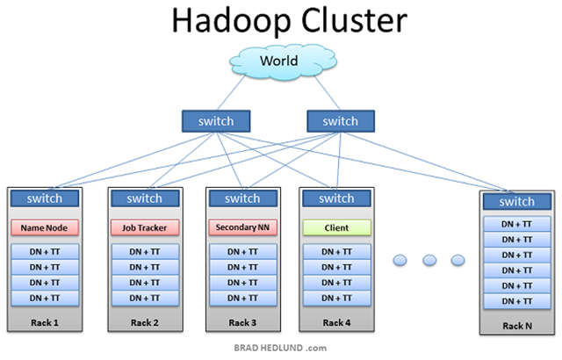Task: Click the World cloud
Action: coord(283,61)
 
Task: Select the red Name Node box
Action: coord(45,227)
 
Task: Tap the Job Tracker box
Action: coord(145,227)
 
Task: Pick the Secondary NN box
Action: coord(243,227)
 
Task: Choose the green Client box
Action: coord(337,227)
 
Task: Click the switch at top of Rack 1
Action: coord(45,198)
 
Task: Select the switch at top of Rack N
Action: coord(517,202)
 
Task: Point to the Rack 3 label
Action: coord(242,323)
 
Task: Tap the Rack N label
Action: coord(517,326)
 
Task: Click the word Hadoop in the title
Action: coord(232,21)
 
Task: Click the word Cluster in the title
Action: coord(354,20)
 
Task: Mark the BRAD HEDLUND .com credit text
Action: coord(280,348)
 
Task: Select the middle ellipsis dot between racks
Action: coord(429,260)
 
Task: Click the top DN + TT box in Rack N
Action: coord(517,224)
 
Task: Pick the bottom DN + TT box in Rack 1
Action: coord(45,298)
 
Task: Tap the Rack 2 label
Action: coord(145,323)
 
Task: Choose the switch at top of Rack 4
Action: coord(337,198)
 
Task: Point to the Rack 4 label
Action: coord(337,323)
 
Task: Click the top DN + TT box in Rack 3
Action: coord(243,252)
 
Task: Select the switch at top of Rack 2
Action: coord(145,198)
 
